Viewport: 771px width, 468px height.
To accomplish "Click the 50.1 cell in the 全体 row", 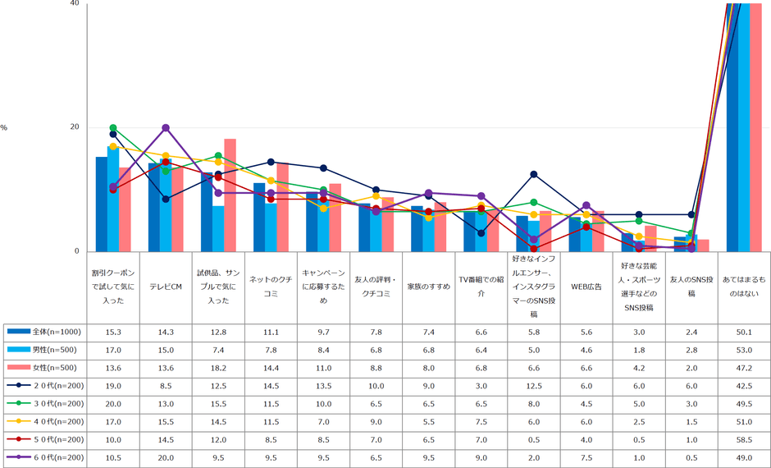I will pyautogui.click(x=744, y=332).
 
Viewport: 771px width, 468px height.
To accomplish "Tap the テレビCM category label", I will pyautogui.click(x=166, y=287).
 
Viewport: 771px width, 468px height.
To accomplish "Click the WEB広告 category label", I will pyautogui.click(x=586, y=287).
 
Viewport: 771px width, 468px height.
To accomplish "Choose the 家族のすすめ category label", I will pyautogui.click(x=429, y=287).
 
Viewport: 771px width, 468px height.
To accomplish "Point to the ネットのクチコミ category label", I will pyautogui.click(x=271, y=287).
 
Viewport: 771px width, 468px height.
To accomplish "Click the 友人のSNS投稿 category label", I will pyautogui.click(x=691, y=287).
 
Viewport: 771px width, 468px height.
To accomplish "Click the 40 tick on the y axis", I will pyautogui.click(x=75, y=4).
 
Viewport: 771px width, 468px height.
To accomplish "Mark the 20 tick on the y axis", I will pyautogui.click(x=75, y=127).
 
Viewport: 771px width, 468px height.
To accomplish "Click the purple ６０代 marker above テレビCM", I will pyautogui.click(x=166, y=127).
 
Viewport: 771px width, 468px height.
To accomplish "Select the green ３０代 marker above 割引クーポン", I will pyautogui.click(x=113, y=127).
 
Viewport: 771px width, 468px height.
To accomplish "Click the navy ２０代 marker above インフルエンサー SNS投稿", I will pyautogui.click(x=534, y=174).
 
